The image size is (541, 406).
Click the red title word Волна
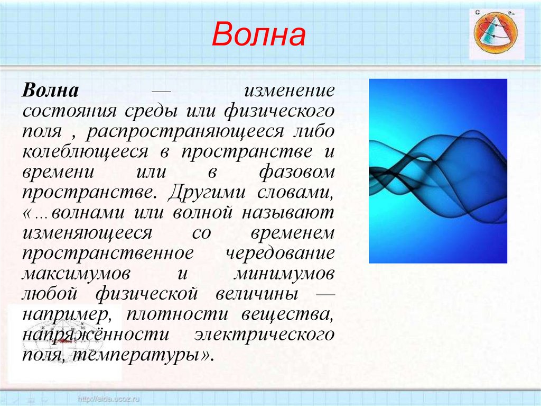[x=259, y=36]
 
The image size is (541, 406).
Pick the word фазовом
[x=297, y=172]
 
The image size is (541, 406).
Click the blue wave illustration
[x=437, y=171]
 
